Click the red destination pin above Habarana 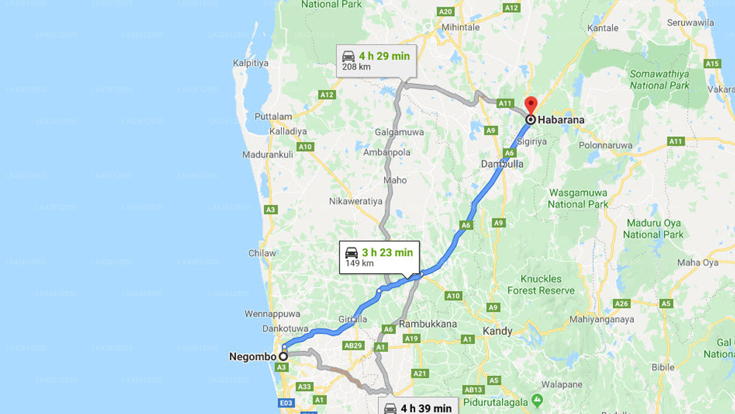click(531, 105)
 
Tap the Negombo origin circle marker click(283, 356)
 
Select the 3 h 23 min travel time click(387, 252)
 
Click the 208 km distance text click(357, 67)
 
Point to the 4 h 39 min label click(426, 408)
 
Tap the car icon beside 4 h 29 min click(349, 56)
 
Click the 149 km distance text click(359, 263)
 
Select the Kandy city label click(497, 331)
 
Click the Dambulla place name click(502, 164)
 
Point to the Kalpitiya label click(250, 63)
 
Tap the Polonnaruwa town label click(605, 145)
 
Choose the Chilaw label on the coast click(262, 253)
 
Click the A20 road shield click(445, 11)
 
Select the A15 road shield click(712, 64)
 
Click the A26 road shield click(622, 303)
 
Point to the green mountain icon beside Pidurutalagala click(537, 398)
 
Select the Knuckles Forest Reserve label click(541, 285)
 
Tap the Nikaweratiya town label click(355, 201)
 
